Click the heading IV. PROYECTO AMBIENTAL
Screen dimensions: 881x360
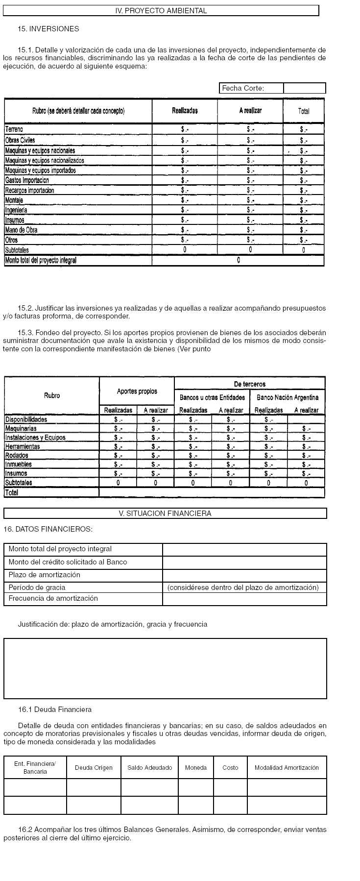coord(161,10)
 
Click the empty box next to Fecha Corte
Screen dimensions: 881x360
coord(304,88)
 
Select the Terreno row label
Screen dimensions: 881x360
coord(14,129)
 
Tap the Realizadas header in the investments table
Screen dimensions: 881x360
coord(185,111)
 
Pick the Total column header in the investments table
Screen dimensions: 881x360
coord(304,111)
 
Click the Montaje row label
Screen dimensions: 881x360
coord(14,200)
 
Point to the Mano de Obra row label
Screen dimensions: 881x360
coord(21,230)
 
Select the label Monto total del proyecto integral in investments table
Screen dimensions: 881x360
coord(41,260)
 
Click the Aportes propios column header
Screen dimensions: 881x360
coord(137,391)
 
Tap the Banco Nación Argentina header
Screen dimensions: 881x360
coord(288,397)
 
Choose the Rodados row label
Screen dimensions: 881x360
coord(17,455)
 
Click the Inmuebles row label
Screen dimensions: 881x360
coord(18,464)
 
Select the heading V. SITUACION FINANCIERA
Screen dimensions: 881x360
coord(165,514)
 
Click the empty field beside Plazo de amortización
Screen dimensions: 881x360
coord(244,575)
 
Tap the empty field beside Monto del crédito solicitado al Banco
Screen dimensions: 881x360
coord(244,563)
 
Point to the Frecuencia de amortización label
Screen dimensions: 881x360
coord(53,598)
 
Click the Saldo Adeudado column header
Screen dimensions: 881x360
coord(149,768)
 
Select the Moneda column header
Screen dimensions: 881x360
coord(196,768)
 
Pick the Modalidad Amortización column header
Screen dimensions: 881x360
coord(287,768)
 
